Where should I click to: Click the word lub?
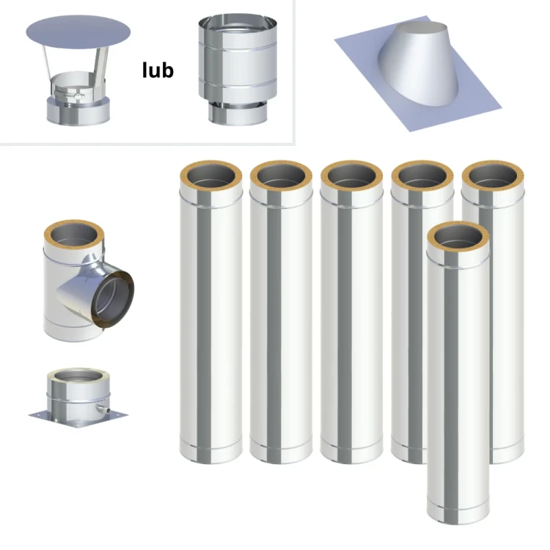point(158,70)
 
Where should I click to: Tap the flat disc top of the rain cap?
point(78,32)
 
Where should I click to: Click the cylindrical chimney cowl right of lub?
point(238,70)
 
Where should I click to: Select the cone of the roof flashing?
point(418,63)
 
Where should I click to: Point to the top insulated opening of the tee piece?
point(73,235)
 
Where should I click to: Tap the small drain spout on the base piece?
point(104,409)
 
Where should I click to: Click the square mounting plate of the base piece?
point(78,418)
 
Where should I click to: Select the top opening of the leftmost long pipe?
point(210,176)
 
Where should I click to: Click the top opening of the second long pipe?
point(281,176)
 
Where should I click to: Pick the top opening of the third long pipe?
point(351,176)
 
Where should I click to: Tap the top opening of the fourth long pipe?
point(422,176)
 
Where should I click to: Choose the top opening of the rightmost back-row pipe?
point(493,176)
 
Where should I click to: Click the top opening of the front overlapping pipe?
point(458,236)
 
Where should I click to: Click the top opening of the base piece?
point(78,375)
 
